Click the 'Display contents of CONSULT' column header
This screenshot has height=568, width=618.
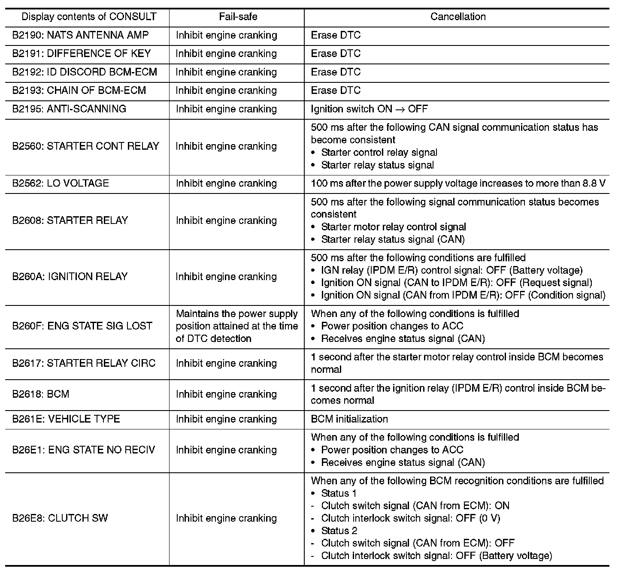coord(89,17)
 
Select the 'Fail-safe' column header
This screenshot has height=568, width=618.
coord(238,17)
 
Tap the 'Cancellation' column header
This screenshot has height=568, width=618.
coord(458,17)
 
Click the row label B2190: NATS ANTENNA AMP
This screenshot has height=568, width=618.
coord(80,35)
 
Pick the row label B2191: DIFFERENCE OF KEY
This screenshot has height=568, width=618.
coord(82,54)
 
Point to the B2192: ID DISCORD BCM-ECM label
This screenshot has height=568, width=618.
coord(85,72)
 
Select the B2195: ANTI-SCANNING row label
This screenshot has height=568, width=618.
coord(69,109)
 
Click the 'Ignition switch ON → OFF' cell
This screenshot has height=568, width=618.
coord(369,109)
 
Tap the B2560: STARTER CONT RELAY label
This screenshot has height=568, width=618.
coord(85,146)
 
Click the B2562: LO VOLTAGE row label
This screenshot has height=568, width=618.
coord(61,184)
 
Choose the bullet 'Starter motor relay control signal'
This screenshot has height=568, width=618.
coord(394,227)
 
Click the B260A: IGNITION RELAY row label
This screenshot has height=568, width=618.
coord(70,277)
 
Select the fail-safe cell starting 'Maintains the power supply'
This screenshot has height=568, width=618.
coord(236,326)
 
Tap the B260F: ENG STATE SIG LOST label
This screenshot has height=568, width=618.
coord(82,326)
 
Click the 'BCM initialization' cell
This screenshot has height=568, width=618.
coord(349,419)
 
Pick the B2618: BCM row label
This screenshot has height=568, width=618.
coord(41,394)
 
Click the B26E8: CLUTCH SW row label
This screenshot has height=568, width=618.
coord(60,518)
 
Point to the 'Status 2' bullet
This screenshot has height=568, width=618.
coord(339,531)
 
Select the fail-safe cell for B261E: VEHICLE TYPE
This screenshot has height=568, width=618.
coord(226,419)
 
